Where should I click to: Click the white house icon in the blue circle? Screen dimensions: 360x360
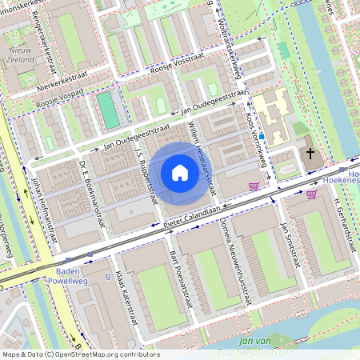pos(180,173)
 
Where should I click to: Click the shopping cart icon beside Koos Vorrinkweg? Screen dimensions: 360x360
pos(254,186)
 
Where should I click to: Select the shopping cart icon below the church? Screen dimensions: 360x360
pos(311,193)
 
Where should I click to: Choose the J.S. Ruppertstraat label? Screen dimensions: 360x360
pos(146,173)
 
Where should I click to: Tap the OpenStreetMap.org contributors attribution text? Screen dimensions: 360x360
pos(108,354)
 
